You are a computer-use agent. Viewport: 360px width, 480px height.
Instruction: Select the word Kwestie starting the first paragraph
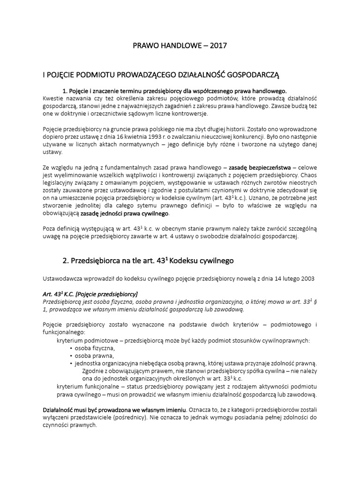pyautogui.click(x=53, y=98)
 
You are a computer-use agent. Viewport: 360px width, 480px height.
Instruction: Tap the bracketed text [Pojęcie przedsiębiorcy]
pyautogui.click(x=103, y=294)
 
